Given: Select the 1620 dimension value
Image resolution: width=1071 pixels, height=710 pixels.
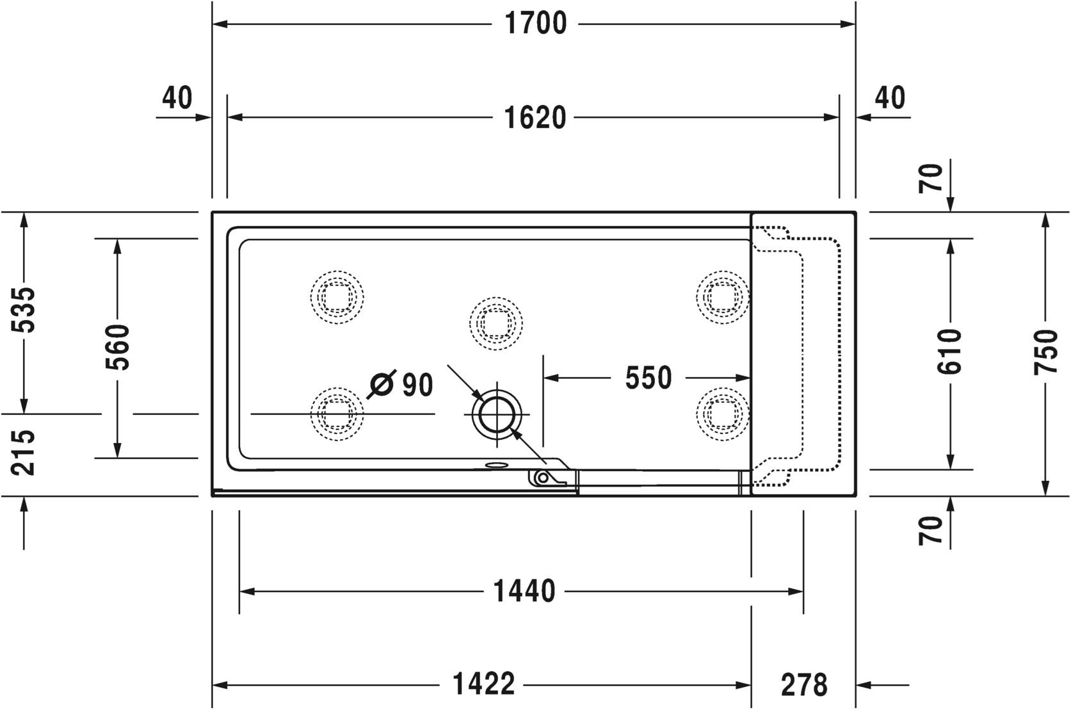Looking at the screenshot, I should (x=535, y=118).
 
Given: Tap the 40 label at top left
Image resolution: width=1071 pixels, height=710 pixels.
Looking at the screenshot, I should (x=177, y=98).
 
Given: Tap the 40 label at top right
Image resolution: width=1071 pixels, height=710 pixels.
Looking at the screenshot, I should (x=890, y=98).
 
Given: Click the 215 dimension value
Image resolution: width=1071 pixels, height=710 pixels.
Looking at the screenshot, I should (x=25, y=452).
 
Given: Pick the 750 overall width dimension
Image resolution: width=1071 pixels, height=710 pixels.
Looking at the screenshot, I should (x=1045, y=351).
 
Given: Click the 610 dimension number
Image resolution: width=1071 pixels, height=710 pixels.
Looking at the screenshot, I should (x=949, y=351).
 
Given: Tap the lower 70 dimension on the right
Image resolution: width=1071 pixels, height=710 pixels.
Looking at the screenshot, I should (x=932, y=530).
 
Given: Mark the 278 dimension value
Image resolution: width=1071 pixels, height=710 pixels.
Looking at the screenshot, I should (x=803, y=685).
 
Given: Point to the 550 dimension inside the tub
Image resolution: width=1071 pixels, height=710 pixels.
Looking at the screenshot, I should (x=648, y=378).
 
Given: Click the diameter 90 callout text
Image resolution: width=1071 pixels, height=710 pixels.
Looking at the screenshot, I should (x=402, y=384).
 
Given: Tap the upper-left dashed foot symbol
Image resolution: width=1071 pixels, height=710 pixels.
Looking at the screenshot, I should (x=337, y=297).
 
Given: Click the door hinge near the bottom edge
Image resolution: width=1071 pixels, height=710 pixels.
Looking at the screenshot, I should (x=542, y=477).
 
